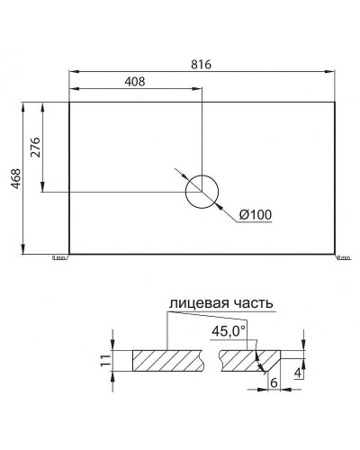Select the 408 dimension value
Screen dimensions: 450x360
[x=135, y=81]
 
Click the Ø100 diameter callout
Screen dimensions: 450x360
[x=256, y=214]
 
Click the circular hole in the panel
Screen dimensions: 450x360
[x=202, y=191]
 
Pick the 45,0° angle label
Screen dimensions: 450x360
[x=228, y=330]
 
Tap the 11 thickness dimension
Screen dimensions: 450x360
[x=104, y=361]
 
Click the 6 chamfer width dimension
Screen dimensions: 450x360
[x=272, y=382]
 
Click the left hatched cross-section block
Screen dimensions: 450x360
[x=169, y=361]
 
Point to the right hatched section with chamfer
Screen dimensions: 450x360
[x=243, y=361]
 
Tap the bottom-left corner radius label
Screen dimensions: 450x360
[x=58, y=258]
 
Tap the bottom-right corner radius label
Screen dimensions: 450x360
[x=343, y=258]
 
